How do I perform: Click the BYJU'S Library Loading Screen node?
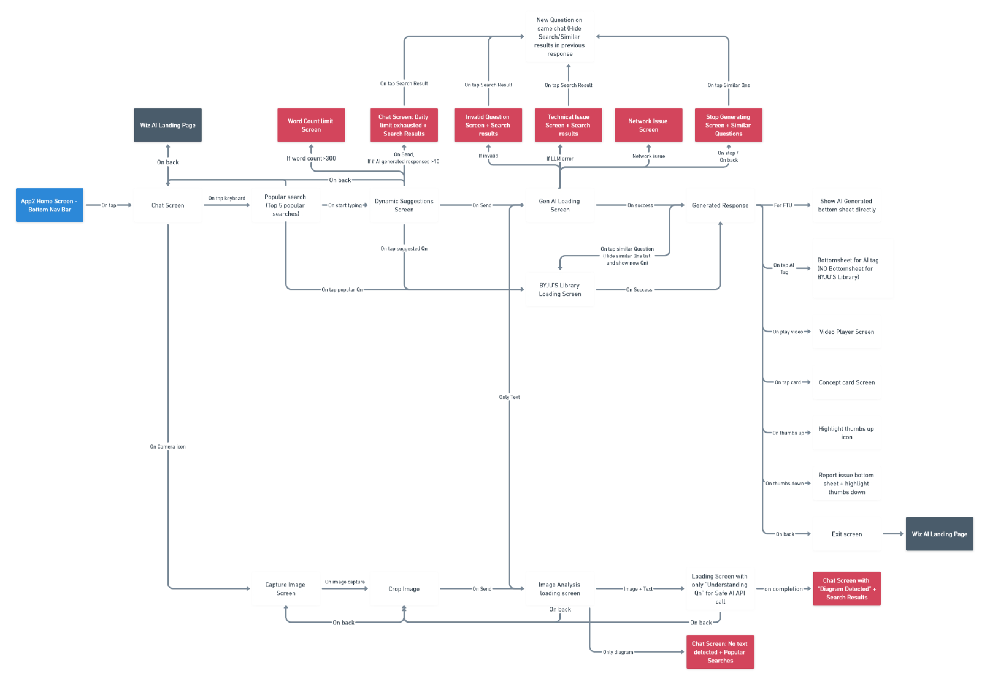click(x=560, y=289)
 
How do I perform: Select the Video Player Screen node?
click(x=846, y=331)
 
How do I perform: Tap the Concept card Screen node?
click(x=846, y=382)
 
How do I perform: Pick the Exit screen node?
click(x=846, y=534)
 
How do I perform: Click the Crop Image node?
click(x=404, y=588)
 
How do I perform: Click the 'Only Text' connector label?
click(x=509, y=397)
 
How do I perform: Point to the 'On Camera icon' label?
click(x=168, y=446)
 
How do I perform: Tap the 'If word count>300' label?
click(x=311, y=158)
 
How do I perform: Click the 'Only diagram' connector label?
click(x=618, y=652)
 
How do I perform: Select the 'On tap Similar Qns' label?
click(x=729, y=85)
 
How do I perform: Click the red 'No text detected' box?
click(x=720, y=652)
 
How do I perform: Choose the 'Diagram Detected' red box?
click(x=846, y=588)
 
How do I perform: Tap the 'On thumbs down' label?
click(x=785, y=483)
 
